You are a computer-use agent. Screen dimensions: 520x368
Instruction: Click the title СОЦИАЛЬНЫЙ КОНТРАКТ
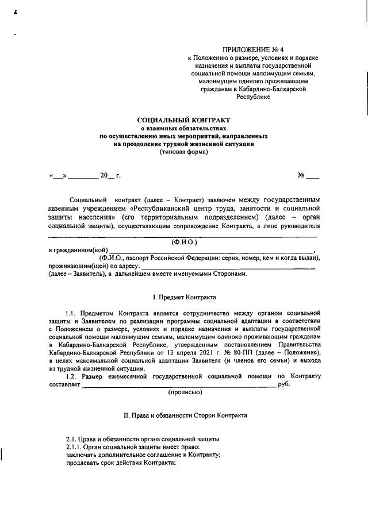click(183, 119)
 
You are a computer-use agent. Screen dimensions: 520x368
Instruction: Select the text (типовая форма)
click(183, 152)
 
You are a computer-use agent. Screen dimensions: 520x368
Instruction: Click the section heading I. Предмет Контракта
click(183, 298)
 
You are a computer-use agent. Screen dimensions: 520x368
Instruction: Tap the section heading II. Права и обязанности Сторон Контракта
click(186, 414)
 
